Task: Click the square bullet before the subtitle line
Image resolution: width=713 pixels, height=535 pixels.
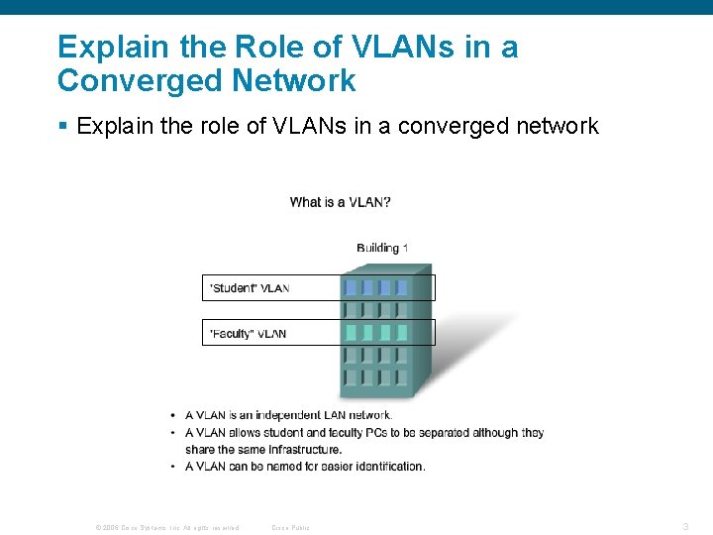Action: coord(62,126)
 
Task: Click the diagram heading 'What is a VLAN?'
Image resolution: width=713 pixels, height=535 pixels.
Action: coord(340,202)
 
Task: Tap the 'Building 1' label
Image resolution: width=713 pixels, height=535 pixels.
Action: coord(382,248)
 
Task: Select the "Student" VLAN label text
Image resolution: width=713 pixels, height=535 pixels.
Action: coord(249,288)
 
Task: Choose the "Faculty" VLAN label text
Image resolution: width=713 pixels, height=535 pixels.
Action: coord(248,334)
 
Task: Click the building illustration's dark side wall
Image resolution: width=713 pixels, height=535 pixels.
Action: coord(421,332)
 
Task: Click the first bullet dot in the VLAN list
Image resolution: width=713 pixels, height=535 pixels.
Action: coord(174,416)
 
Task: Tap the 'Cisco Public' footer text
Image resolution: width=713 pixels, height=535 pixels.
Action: coord(290,527)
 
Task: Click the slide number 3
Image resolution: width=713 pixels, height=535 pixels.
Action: coord(685,525)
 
